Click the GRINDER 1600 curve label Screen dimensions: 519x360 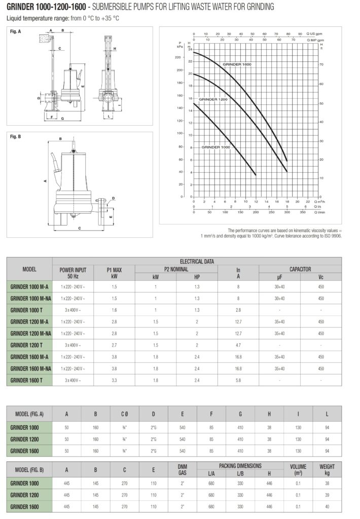237,64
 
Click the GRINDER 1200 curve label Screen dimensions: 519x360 213,100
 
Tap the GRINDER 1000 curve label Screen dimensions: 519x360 216,146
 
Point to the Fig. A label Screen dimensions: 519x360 16,31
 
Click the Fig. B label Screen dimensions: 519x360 16,136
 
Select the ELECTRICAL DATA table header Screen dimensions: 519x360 197,262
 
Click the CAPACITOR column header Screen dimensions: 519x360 300,270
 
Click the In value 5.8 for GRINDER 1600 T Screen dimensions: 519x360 238,380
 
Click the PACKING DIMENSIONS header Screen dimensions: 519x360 240,465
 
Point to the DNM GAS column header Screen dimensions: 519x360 183,469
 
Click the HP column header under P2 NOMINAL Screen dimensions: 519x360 197,277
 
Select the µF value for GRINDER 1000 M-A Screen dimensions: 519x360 279,286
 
